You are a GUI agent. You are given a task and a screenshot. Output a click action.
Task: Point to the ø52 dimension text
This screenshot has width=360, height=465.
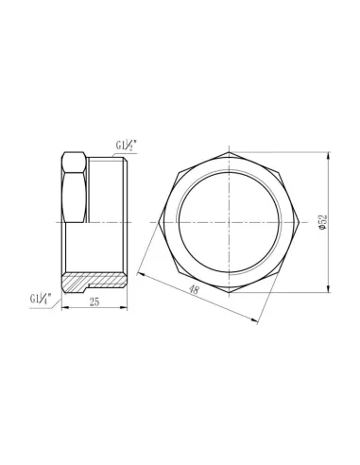point(324,224)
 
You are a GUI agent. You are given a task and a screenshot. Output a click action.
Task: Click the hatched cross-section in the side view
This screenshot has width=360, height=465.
point(95,282)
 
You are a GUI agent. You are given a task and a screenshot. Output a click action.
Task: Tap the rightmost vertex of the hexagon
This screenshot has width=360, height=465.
point(302,222)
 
